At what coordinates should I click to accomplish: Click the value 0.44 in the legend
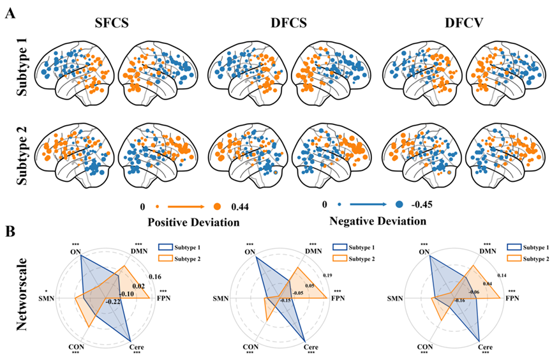point(241,206)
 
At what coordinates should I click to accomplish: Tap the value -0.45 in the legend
point(421,206)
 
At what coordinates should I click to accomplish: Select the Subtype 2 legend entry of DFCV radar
point(523,258)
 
